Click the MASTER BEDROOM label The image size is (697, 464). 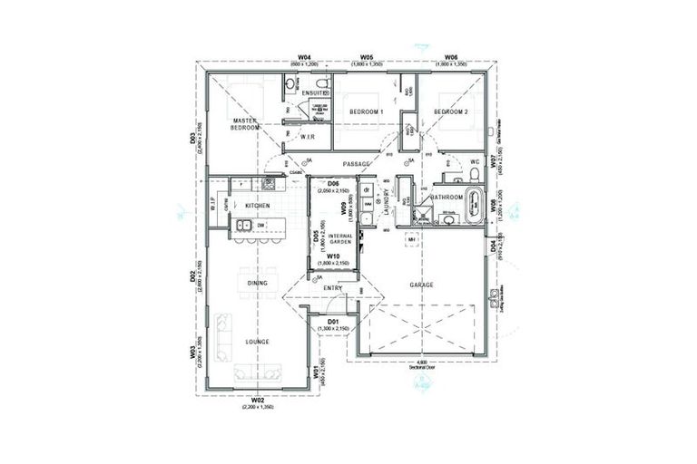tap(246, 124)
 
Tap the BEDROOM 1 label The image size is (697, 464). tap(367, 111)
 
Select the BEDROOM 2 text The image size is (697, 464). tap(450, 111)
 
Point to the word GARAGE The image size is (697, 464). tap(421, 285)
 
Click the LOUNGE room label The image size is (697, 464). tap(257, 342)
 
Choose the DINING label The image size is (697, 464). tap(257, 284)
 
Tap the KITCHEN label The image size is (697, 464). tap(258, 206)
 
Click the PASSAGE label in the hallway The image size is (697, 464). tap(361, 163)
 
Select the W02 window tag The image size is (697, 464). tap(257, 400)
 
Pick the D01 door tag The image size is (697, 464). tap(333, 321)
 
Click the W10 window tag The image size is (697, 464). tap(333, 256)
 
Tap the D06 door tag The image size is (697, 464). tap(333, 185)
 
